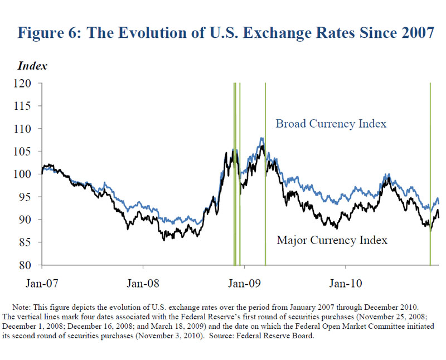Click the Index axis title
click(x=32, y=66)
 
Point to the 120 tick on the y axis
click(x=28, y=83)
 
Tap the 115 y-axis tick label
click(x=28, y=106)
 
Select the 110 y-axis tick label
click(x=28, y=129)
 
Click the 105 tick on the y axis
click(x=28, y=152)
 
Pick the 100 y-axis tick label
click(x=28, y=174)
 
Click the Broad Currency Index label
click(x=331, y=124)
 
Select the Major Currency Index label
click(x=332, y=241)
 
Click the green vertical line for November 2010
click(x=430, y=167)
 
